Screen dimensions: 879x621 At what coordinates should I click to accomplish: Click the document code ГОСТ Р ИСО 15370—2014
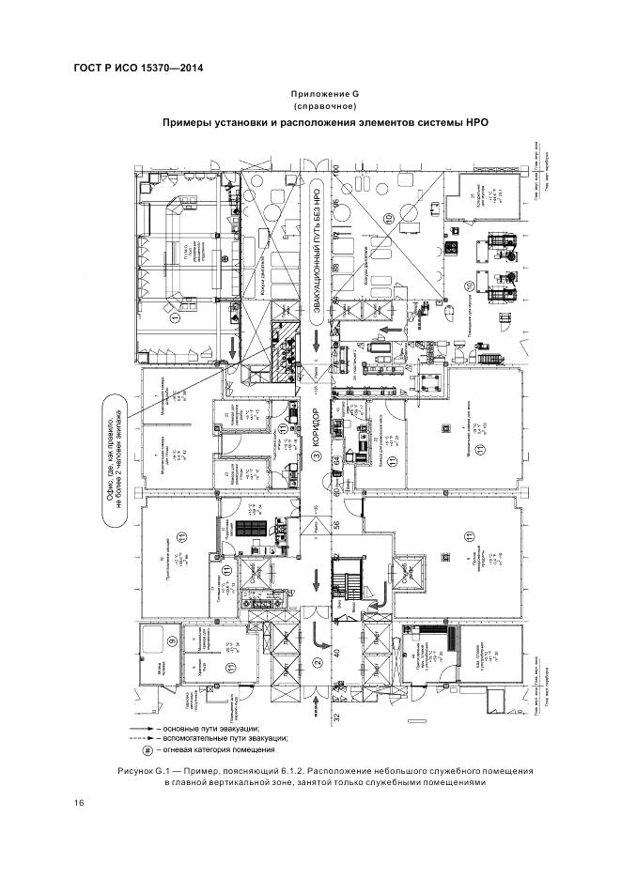click(x=138, y=69)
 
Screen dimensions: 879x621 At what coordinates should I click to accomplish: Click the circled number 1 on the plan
click(x=175, y=318)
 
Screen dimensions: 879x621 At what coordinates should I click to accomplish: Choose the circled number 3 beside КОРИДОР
click(x=318, y=457)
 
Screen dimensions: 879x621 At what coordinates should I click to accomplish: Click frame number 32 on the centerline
click(x=334, y=717)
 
